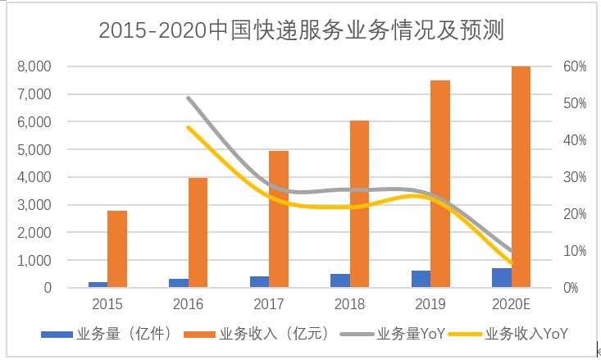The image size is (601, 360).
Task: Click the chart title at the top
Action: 300,30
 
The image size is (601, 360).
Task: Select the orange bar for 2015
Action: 117,249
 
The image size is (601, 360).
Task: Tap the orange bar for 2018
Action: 359,204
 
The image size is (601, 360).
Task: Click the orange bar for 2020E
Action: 521,177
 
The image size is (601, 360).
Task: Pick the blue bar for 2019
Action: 421,279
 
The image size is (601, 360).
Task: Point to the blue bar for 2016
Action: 178,283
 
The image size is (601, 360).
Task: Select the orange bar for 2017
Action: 279,219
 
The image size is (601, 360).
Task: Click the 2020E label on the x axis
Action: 511,305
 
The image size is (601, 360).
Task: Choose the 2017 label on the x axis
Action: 269,305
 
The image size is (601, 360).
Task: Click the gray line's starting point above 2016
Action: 188,98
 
